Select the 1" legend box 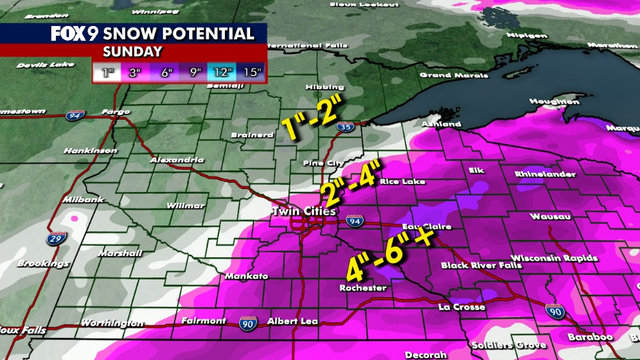click(107, 73)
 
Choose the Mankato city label click(246, 273)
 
